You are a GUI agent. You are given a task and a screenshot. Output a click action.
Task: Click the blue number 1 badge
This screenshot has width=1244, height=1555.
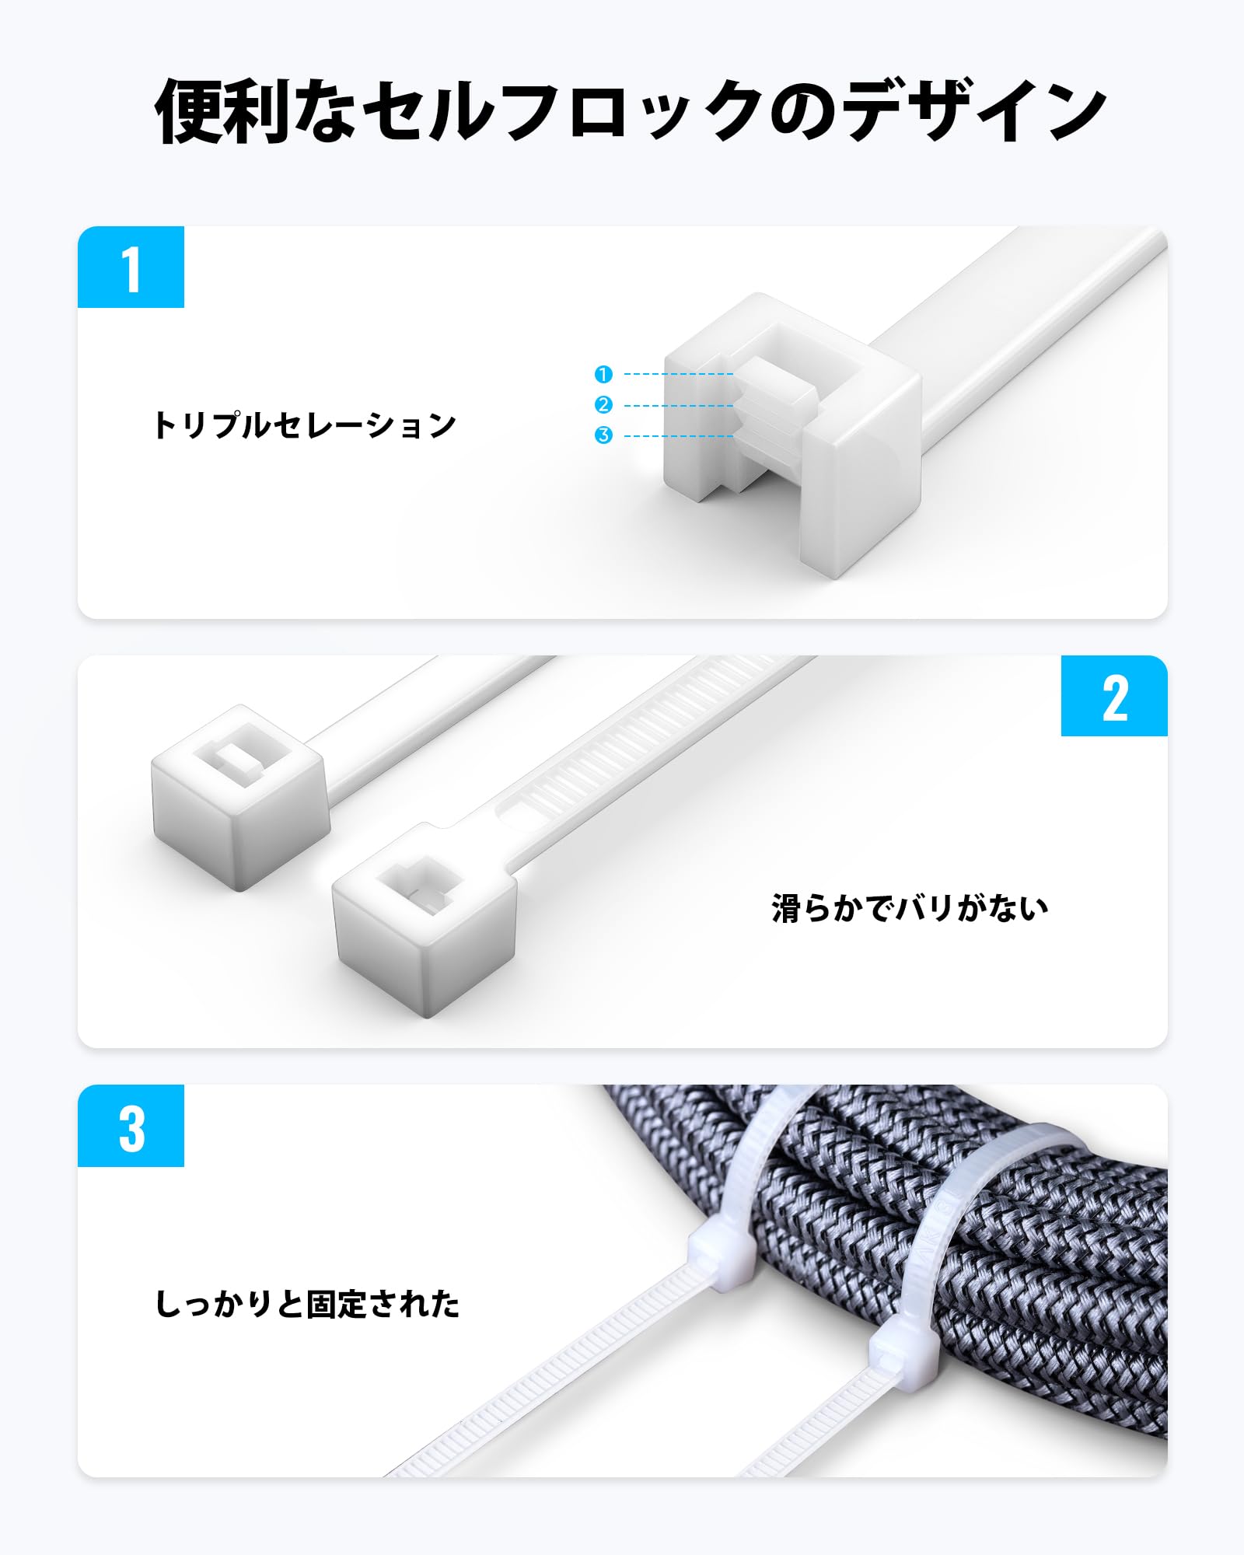click(x=131, y=267)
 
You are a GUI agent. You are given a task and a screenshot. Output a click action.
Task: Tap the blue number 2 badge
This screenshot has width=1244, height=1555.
click(x=1113, y=697)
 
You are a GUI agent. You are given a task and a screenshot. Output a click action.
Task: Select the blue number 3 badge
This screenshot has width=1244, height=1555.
click(x=131, y=1126)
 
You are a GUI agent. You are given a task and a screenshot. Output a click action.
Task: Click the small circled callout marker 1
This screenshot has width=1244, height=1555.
click(x=603, y=374)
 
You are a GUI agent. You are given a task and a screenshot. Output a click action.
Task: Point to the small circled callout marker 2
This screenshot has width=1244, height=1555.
click(x=603, y=405)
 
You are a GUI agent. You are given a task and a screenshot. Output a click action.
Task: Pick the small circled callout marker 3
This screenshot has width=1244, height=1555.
click(x=603, y=435)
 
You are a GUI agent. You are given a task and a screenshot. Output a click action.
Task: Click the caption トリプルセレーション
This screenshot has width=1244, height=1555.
click(x=305, y=425)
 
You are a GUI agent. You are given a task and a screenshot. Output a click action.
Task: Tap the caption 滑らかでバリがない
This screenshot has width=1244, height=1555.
click(x=910, y=908)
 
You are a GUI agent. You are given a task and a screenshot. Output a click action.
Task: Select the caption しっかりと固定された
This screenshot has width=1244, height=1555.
click(x=308, y=1305)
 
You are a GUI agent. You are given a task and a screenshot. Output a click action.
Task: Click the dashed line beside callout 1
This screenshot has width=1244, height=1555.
click(x=678, y=374)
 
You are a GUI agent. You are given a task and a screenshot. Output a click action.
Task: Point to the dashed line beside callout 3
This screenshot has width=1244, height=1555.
click(x=678, y=436)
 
